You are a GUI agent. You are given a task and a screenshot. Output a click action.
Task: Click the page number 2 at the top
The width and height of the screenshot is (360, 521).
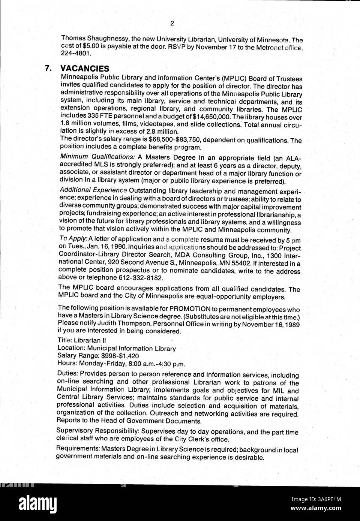(172, 24)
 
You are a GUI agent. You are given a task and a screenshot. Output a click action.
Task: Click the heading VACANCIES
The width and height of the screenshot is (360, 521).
(85, 68)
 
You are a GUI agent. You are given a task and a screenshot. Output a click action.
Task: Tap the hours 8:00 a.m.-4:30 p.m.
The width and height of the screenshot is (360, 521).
(151, 363)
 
